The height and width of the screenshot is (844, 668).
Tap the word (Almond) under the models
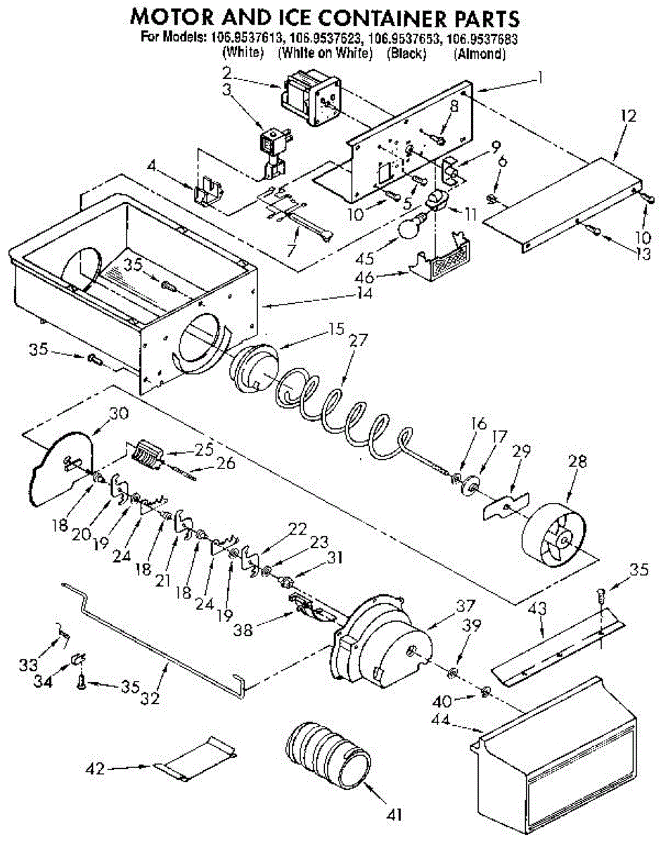tap(480, 53)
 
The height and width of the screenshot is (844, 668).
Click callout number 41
tap(394, 815)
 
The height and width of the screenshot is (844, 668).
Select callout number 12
tap(627, 117)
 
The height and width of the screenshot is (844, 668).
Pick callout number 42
tap(96, 769)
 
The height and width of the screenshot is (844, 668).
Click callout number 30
tap(119, 414)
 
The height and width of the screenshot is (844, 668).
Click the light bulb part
tap(411, 226)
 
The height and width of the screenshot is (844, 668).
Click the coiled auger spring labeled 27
tap(345, 415)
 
